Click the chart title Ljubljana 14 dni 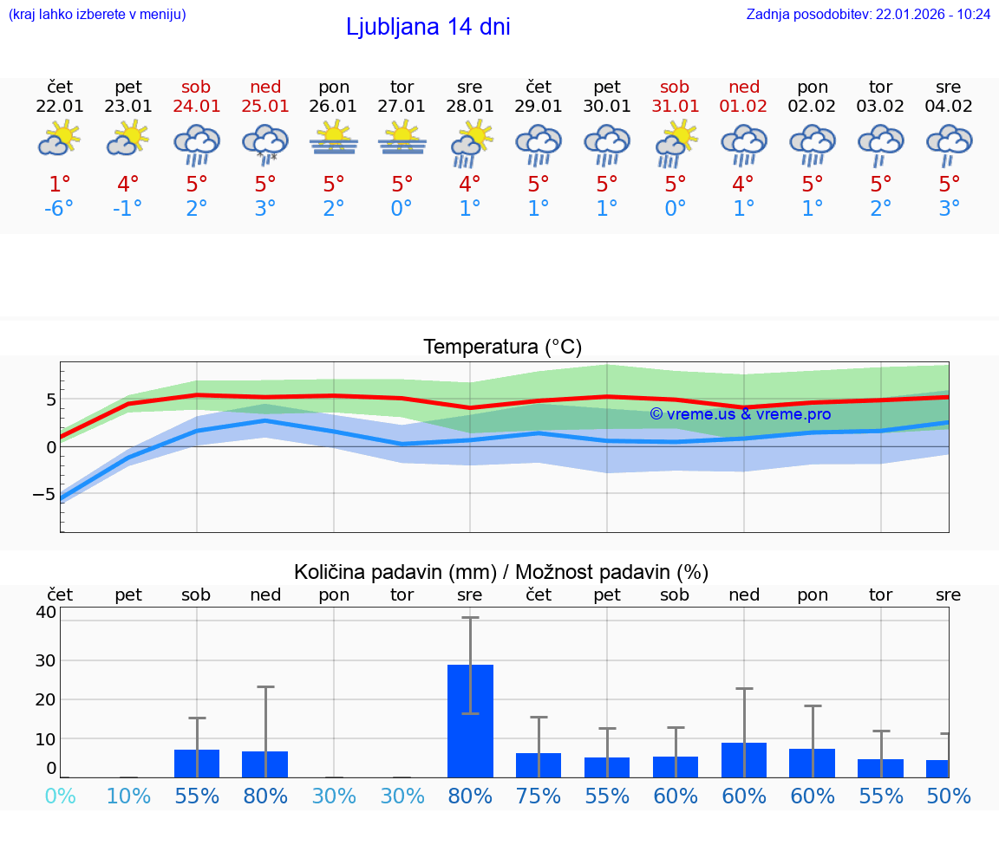(428, 27)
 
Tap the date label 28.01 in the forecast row (469, 107)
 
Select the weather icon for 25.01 (265, 143)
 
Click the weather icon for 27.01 (402, 139)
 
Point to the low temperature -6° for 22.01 (60, 209)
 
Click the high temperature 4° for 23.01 (128, 185)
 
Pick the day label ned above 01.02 (743, 87)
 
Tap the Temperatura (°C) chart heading (502, 347)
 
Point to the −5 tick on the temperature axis (39, 494)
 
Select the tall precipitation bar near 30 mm (470, 720)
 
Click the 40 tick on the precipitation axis (45, 612)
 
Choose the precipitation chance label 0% (60, 796)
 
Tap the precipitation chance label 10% (128, 796)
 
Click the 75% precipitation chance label (539, 796)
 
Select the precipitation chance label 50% (949, 796)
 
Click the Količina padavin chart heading (501, 572)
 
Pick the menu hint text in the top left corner (97, 14)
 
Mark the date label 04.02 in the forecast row (949, 107)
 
